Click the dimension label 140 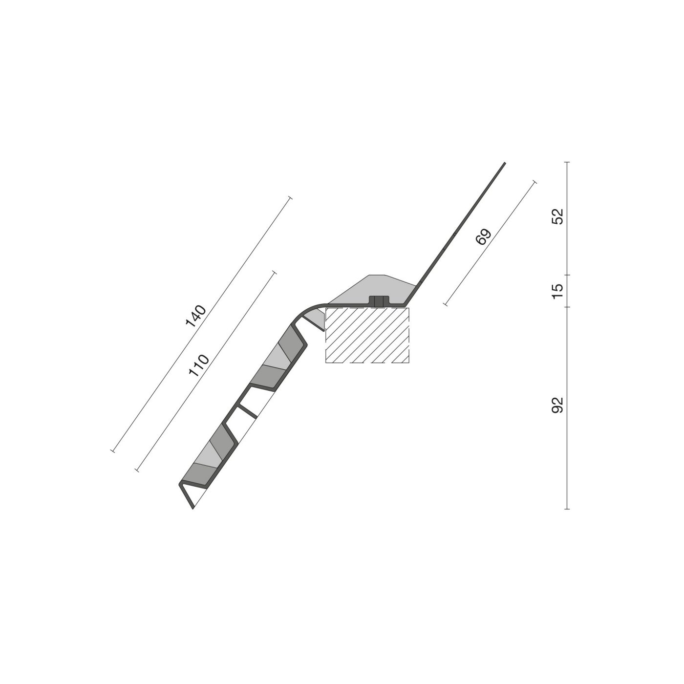pyautogui.click(x=196, y=315)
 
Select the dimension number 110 pyautogui.click(x=199, y=365)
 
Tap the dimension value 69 pyautogui.click(x=484, y=237)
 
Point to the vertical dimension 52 pyautogui.click(x=557, y=216)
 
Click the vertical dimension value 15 pyautogui.click(x=557, y=291)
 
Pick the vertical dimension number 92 pyautogui.click(x=557, y=405)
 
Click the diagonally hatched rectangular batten pyautogui.click(x=367, y=335)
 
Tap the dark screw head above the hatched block pyautogui.click(x=379, y=301)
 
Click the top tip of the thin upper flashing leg pyautogui.click(x=504, y=163)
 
